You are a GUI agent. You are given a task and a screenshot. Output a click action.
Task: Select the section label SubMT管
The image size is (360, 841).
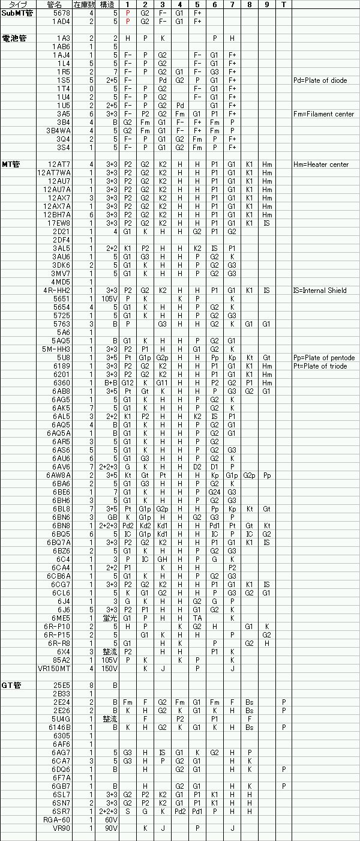coord(17,13)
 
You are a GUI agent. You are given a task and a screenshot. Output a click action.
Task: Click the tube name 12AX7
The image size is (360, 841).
coord(61,198)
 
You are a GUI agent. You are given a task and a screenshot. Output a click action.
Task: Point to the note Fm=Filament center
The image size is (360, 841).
coord(323,114)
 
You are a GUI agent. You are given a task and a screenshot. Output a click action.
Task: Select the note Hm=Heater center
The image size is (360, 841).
coord(321,164)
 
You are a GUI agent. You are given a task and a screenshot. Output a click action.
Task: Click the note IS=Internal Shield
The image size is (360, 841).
coord(320,291)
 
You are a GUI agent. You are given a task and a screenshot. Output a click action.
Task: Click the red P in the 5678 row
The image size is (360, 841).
coord(128,13)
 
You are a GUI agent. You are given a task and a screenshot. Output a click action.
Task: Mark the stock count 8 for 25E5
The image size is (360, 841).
coord(91,685)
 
